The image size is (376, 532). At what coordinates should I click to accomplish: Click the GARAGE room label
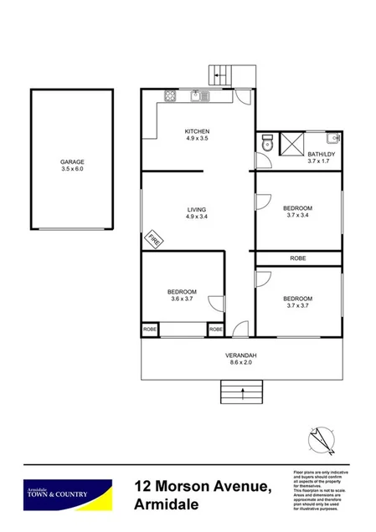(x=72, y=161)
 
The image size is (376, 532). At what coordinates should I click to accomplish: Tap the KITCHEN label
(x=197, y=131)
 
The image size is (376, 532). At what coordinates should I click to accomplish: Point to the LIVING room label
(x=197, y=209)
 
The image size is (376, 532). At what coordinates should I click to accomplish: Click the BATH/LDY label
(x=321, y=155)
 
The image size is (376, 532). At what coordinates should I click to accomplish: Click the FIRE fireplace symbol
(x=153, y=239)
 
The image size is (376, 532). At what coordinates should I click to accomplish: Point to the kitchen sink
(x=201, y=95)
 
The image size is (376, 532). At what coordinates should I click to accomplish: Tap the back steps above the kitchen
(x=223, y=74)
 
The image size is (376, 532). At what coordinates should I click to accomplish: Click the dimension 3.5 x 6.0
(x=72, y=169)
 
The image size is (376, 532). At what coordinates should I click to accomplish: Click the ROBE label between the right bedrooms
(x=297, y=258)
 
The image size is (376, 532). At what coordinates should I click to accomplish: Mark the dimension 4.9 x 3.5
(x=197, y=139)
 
